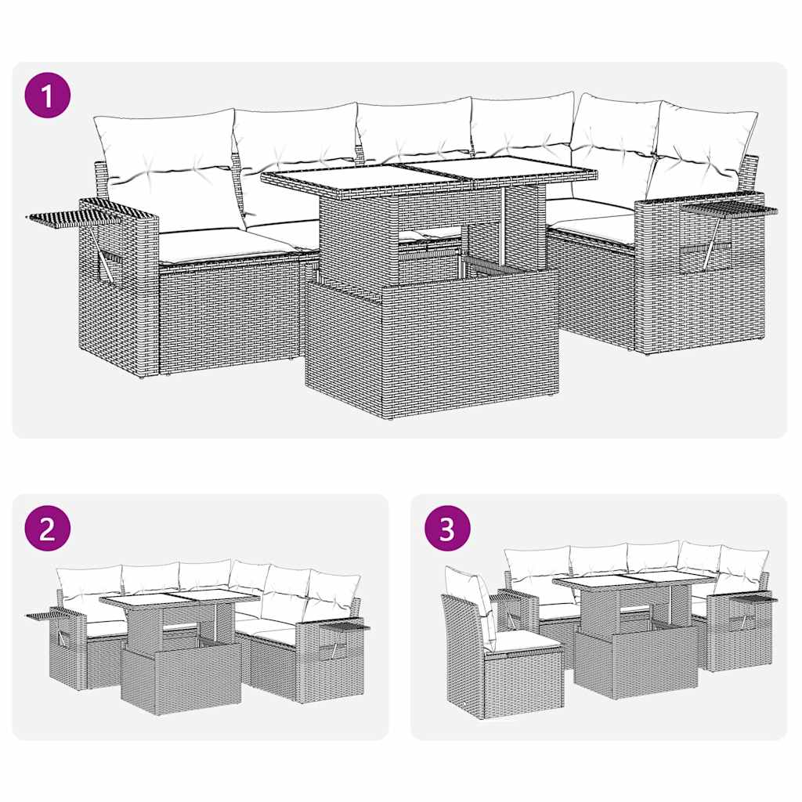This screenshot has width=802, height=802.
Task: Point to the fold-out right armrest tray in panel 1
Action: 728,208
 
